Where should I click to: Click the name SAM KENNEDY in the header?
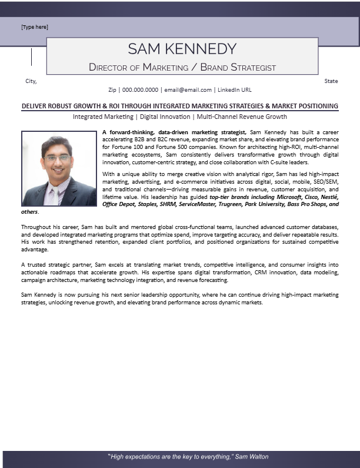(182, 48)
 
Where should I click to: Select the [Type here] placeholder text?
(35, 27)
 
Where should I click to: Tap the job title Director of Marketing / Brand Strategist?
(182, 67)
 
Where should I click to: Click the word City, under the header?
(31, 81)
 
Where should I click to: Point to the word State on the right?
(331, 81)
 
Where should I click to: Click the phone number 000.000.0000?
(140, 90)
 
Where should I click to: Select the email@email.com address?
(188, 90)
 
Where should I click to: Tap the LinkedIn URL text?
(234, 90)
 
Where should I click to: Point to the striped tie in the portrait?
(54, 195)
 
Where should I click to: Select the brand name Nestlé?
(327, 197)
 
